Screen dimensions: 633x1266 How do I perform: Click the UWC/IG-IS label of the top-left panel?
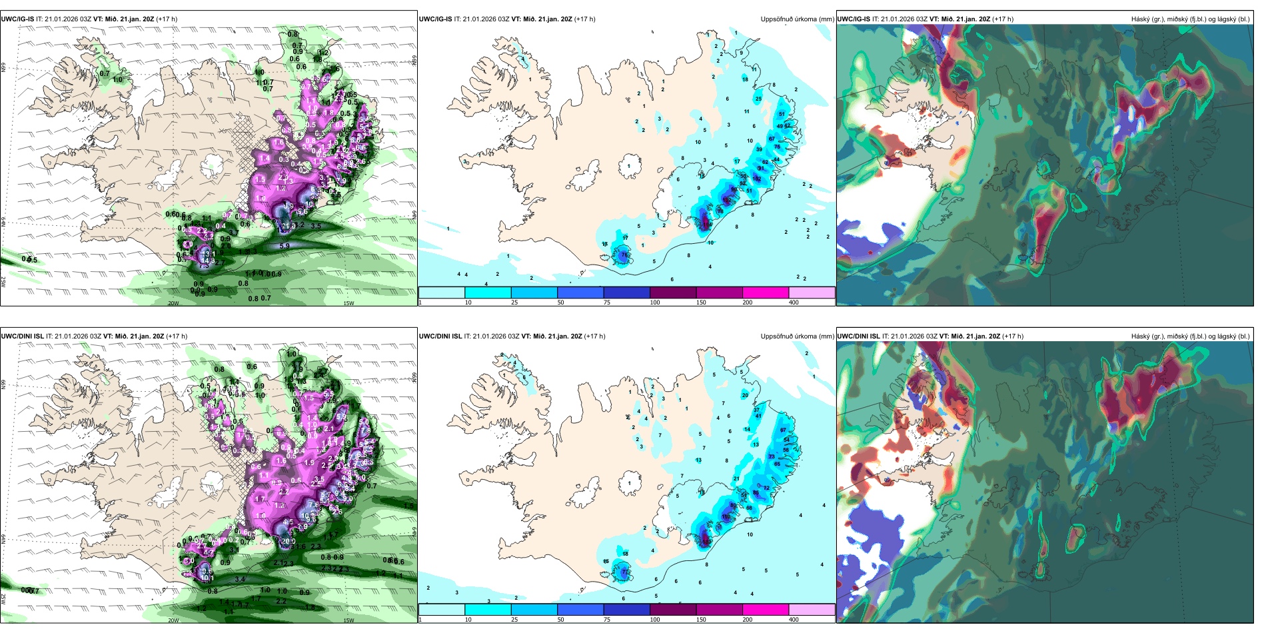coord(18,19)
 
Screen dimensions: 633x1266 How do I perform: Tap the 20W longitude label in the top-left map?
coord(173,303)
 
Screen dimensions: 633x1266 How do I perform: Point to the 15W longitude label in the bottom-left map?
coord(348,620)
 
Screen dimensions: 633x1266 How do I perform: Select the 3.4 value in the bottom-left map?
coord(240,579)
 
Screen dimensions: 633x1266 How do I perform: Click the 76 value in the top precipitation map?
coord(624,255)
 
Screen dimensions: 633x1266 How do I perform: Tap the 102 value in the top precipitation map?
coord(756,179)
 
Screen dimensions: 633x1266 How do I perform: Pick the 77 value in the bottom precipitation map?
coord(624,572)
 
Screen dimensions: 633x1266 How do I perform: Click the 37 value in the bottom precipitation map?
coord(757,410)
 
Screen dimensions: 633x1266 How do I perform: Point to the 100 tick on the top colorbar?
coord(655,303)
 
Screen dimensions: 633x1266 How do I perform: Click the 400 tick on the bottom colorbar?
coord(794,620)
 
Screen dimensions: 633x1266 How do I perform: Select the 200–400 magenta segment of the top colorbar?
coord(766,293)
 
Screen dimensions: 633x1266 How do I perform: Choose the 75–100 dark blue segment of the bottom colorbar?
coord(626,610)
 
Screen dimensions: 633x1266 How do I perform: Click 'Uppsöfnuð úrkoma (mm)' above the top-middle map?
coord(797,19)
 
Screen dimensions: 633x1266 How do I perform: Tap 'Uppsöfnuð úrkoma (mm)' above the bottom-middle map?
coord(797,336)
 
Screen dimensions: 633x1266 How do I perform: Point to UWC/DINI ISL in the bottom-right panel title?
coord(859,336)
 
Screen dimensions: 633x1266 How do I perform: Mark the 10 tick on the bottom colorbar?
coord(468,620)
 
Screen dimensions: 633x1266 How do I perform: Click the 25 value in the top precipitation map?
coord(758,99)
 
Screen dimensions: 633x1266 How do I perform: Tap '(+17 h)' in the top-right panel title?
coord(1003,19)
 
